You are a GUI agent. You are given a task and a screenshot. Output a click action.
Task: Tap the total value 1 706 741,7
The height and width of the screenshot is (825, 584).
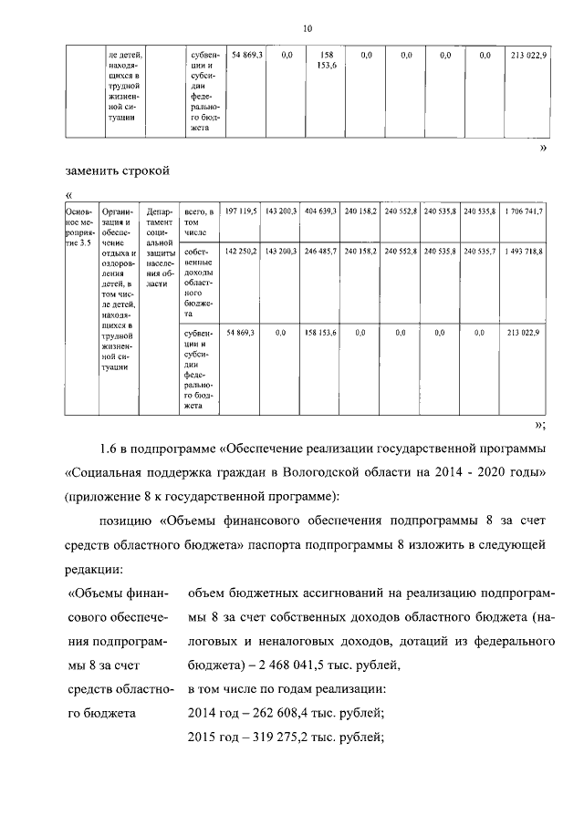pyautogui.click(x=523, y=211)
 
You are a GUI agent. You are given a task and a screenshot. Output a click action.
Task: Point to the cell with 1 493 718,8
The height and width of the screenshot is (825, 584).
pyautogui.click(x=523, y=250)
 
